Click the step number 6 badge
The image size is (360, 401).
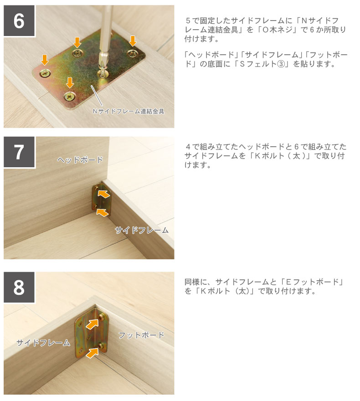coord(19,21)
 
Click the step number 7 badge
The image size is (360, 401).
coord(19,152)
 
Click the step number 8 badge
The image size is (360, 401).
coord(19,288)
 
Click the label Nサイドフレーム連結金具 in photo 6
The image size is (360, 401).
coord(129,111)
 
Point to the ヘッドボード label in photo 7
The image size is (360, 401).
coord(80,160)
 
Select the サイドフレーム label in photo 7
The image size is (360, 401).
coord(142,231)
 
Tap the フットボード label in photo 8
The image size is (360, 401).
coord(141,335)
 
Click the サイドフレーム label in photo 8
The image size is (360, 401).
coord(43,343)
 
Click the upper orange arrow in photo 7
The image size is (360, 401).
coord(104,194)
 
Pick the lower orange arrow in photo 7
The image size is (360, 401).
coord(103,212)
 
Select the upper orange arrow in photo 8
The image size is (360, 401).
coord(92,324)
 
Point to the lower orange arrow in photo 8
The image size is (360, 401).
coord(92,352)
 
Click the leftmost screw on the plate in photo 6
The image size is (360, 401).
coord(45,74)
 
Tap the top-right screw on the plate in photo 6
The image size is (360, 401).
coord(133,53)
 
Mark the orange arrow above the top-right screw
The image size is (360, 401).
coord(133,41)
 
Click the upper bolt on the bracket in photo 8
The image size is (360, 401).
coord(101,317)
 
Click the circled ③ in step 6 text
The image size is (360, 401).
coord(281,64)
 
